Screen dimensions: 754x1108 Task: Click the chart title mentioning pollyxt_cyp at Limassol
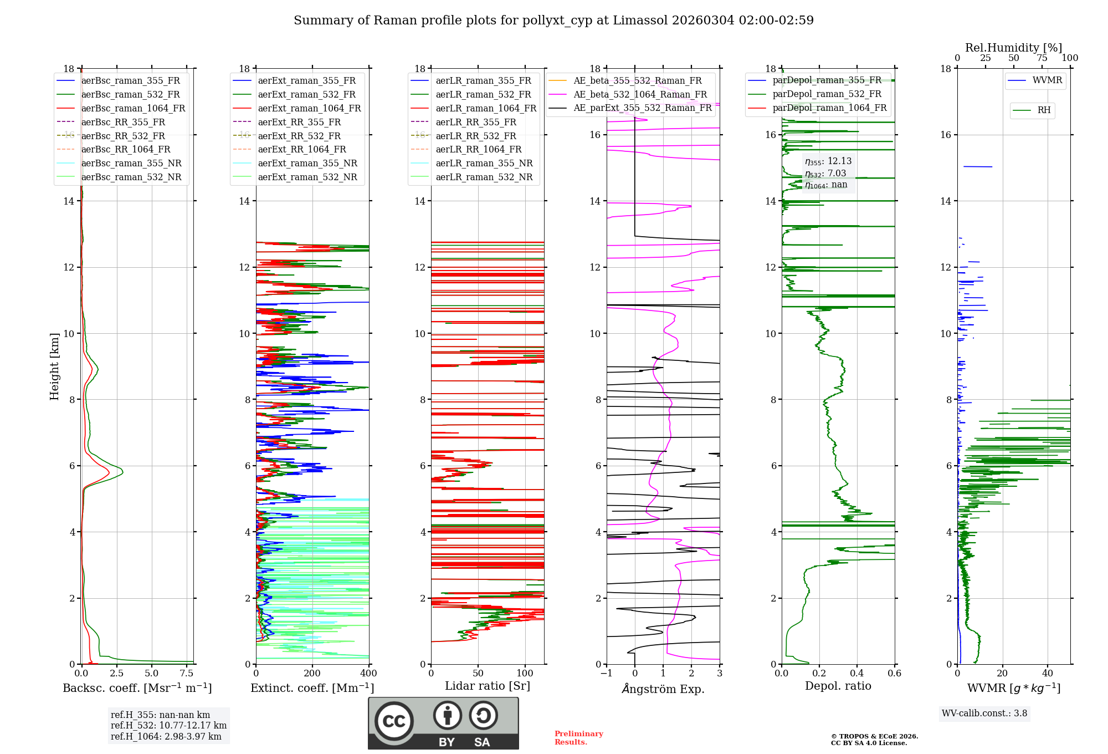[x=553, y=21]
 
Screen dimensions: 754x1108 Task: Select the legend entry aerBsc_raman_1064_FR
[x=133, y=108]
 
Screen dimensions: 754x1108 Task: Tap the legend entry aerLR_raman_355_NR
[x=484, y=163]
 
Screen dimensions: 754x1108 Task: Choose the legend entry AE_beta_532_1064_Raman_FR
[x=640, y=94]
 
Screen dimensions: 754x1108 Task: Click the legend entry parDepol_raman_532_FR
[x=827, y=94]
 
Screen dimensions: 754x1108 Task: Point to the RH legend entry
[x=1044, y=110]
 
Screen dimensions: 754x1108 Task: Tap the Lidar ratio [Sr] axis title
[x=488, y=686]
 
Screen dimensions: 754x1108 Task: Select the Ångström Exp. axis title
[x=663, y=689]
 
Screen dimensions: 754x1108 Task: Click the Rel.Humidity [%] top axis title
[x=1013, y=48]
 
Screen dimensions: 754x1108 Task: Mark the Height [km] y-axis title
[x=54, y=366]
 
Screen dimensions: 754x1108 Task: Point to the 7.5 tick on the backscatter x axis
[x=187, y=674]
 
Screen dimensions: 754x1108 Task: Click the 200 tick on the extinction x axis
[x=312, y=674]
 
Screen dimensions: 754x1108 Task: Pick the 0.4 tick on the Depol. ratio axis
[x=856, y=674]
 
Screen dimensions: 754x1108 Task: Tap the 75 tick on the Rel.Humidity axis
[x=1042, y=58]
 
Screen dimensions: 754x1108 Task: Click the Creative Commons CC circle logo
[x=394, y=721]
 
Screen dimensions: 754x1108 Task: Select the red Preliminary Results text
[x=578, y=738]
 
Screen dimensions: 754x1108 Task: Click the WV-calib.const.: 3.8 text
[x=984, y=714]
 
